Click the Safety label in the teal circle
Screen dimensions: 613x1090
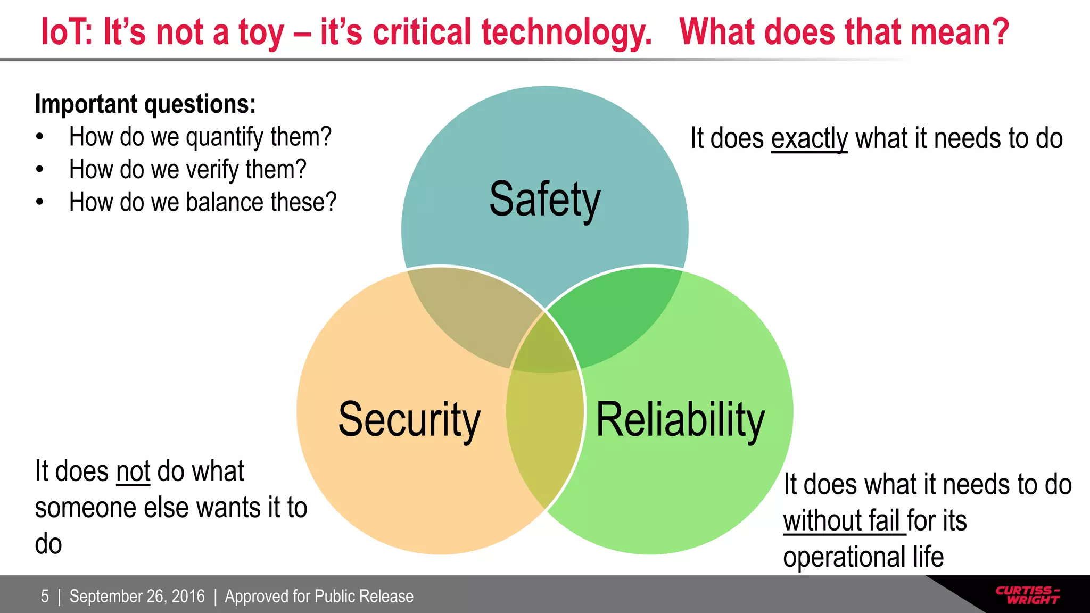(544, 200)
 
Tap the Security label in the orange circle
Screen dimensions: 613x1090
(409, 420)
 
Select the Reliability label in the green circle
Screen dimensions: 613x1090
(680, 420)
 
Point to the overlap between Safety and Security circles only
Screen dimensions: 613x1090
(468, 314)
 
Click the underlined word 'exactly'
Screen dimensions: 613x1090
(809, 138)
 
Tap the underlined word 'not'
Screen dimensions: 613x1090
(133, 471)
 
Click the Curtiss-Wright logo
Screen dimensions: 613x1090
(1027, 595)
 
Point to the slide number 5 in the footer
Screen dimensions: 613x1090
(45, 596)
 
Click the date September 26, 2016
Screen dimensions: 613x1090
(137, 596)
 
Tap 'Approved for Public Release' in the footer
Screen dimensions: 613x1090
(319, 596)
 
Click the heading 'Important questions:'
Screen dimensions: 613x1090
(145, 104)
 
